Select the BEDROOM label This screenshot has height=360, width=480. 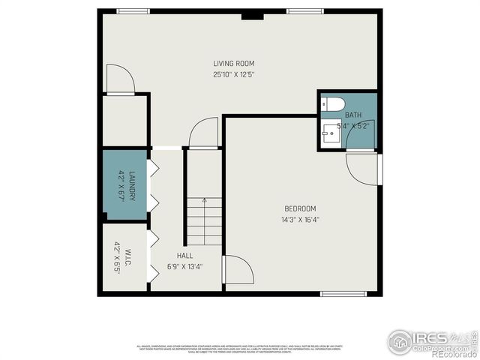pyautogui.click(x=299, y=208)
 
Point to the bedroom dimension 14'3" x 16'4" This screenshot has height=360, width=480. pyautogui.click(x=299, y=220)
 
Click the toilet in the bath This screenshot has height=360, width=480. pyautogui.click(x=332, y=103)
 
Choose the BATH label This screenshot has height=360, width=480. pyautogui.click(x=353, y=115)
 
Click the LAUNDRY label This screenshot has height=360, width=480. pyautogui.click(x=131, y=184)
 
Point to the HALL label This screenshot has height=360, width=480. pyautogui.click(x=185, y=255)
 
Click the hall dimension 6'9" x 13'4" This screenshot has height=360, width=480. pyautogui.click(x=185, y=266)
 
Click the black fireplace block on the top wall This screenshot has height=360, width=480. pyautogui.click(x=256, y=13)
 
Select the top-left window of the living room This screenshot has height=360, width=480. pyautogui.click(x=133, y=11)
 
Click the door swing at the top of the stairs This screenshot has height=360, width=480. pyautogui.click(x=203, y=133)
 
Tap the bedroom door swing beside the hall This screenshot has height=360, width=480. pyautogui.click(x=238, y=270)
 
